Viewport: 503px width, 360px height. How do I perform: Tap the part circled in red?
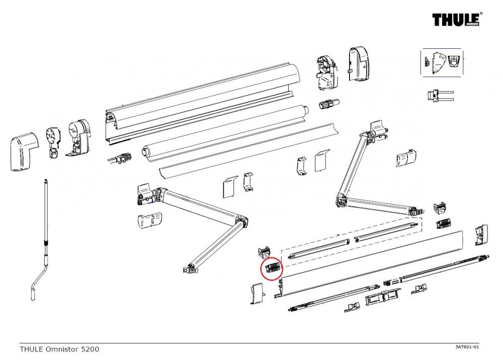point(272,268)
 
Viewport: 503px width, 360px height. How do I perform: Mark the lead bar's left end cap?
point(257,294)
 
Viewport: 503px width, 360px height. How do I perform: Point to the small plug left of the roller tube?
point(121,159)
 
